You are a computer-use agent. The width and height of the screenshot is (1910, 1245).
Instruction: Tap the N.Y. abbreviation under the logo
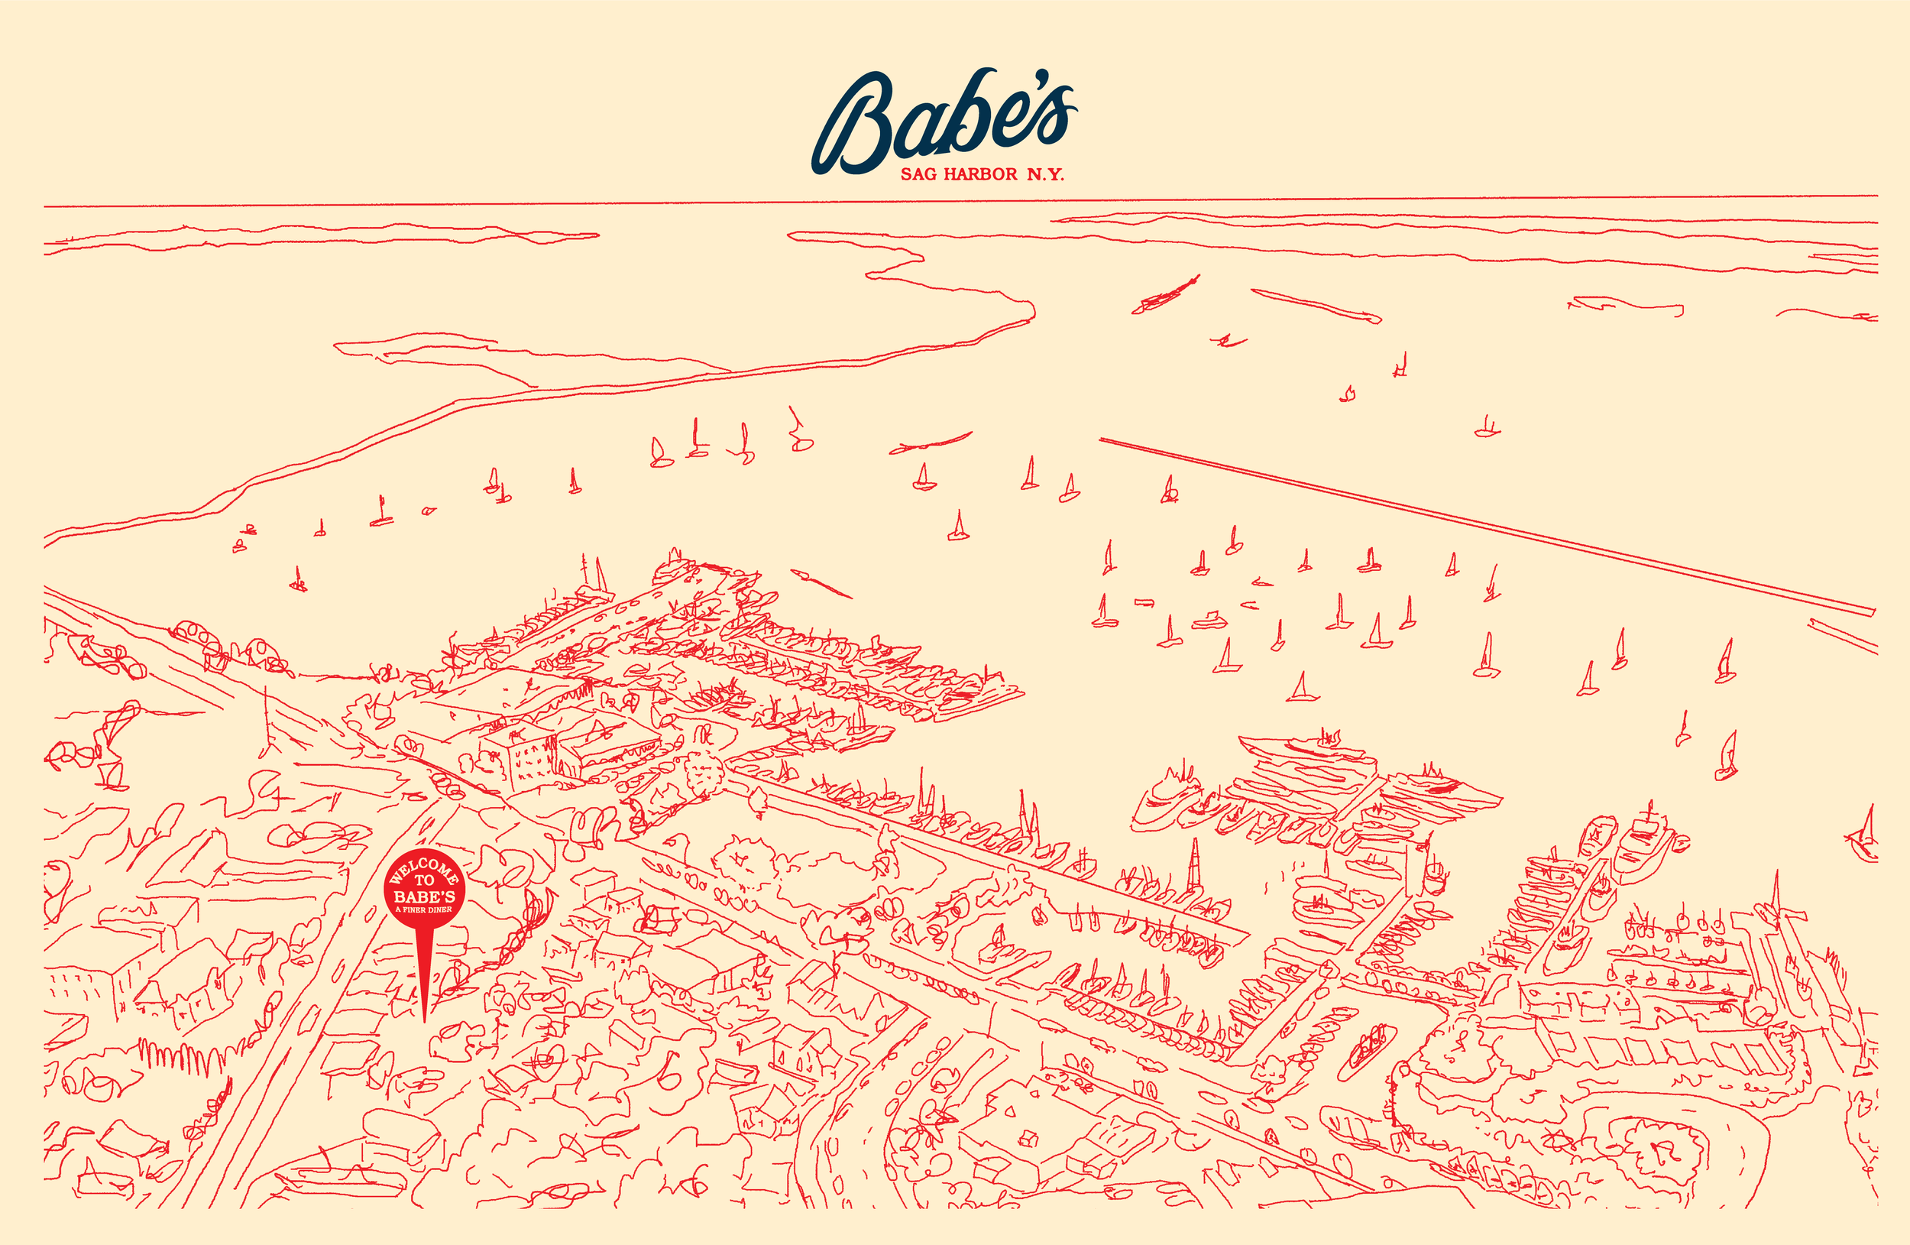point(1046,174)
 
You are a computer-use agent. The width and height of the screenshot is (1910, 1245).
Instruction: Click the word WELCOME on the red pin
point(424,868)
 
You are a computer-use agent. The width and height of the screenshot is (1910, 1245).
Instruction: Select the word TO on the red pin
point(424,880)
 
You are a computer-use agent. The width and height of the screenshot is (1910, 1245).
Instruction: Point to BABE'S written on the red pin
point(424,896)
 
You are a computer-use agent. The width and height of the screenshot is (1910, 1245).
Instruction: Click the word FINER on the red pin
point(416,909)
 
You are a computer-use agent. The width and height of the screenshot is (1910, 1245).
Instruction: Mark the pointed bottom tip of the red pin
point(424,1021)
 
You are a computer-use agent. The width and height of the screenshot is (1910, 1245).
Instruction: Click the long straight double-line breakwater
point(1484,526)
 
